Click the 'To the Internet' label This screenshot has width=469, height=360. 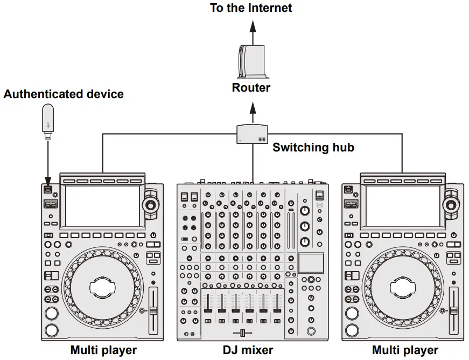pyautogui.click(x=251, y=8)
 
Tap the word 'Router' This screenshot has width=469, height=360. pyautogui.click(x=251, y=87)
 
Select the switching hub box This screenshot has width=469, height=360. pyautogui.click(x=252, y=134)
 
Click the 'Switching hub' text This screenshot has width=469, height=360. pyautogui.click(x=313, y=147)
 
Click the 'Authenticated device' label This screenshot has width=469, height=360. pyautogui.click(x=64, y=94)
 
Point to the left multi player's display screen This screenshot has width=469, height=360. pyautogui.click(x=102, y=206)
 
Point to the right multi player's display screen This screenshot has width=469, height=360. pyautogui.click(x=403, y=206)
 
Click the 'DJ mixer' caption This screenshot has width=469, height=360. pyautogui.click(x=248, y=350)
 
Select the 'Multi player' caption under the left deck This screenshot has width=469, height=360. pyautogui.click(x=103, y=350)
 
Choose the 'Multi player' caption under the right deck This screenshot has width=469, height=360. pyautogui.click(x=404, y=350)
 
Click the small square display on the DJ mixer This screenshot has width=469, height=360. pyautogui.click(x=311, y=262)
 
